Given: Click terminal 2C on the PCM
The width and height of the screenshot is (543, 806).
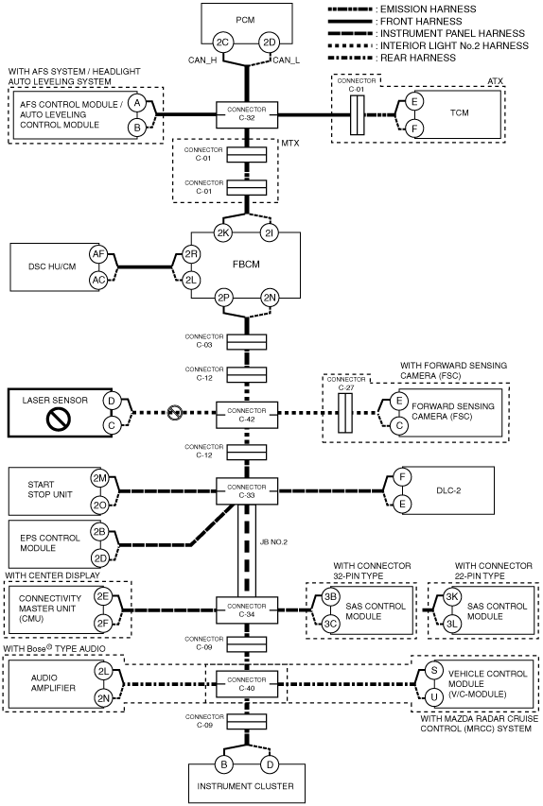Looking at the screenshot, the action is (222, 43).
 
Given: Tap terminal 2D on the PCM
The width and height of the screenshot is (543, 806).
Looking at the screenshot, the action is (270, 43).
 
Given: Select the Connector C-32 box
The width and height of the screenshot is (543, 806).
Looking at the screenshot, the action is (247, 114).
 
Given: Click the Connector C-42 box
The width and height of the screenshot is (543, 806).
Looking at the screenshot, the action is (247, 416).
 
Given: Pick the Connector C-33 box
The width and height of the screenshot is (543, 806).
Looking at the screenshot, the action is (247, 491).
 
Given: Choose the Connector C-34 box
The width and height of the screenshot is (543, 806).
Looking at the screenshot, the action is (247, 610).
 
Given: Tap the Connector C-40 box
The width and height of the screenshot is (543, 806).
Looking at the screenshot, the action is (247, 684).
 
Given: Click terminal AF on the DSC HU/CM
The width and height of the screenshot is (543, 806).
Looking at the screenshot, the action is (98, 254).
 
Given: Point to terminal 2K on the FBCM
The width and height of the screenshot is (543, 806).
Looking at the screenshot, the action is (223, 233).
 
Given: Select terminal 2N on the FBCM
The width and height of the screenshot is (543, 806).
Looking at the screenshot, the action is (270, 298).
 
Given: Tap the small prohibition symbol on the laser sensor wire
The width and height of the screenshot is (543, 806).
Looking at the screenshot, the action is (175, 412).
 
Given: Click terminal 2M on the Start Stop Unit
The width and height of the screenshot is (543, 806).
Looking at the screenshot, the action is (99, 478).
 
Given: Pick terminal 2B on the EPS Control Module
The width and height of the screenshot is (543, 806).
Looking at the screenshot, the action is (100, 532).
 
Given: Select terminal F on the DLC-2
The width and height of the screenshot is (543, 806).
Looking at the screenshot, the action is (402, 477).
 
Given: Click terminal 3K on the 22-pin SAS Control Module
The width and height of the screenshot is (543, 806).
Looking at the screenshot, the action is (452, 597).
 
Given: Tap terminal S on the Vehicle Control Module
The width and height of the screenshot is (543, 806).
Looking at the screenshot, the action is (434, 670).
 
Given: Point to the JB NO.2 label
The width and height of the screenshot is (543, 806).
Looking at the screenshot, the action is (273, 542).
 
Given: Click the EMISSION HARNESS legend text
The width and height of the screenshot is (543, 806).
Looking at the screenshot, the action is (429, 9).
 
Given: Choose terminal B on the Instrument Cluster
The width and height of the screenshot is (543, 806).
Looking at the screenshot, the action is (224, 764).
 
